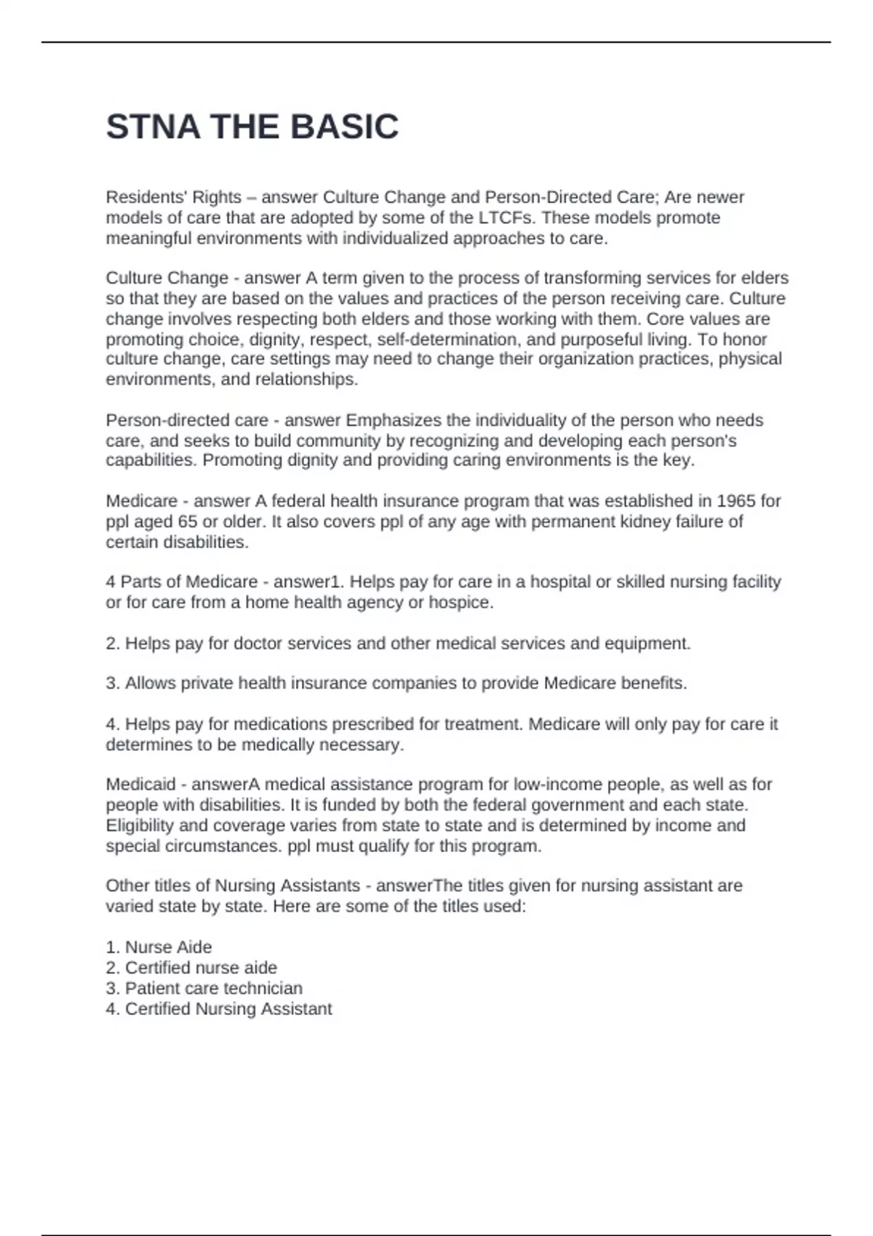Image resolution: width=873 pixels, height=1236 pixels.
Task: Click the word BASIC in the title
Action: (344, 127)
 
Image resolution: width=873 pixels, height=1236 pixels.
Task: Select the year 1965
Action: (736, 501)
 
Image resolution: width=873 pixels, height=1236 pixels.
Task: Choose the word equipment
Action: (651, 643)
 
